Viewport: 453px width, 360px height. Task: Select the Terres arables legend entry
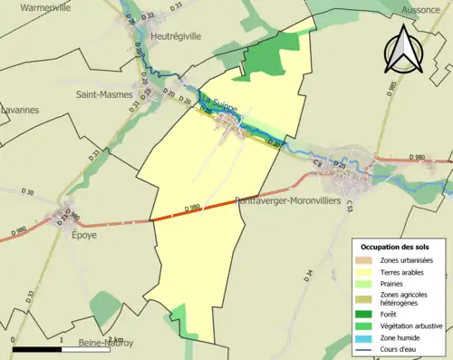click(405, 272)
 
